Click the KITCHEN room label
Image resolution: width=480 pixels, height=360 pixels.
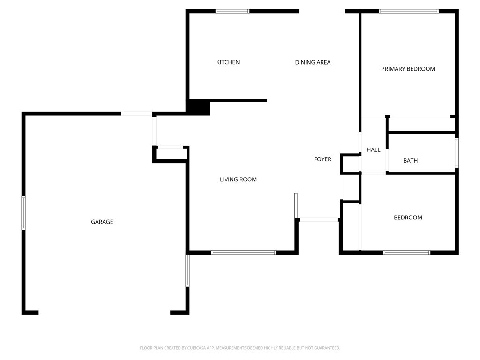(228, 62)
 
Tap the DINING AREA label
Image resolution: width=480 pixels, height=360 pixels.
(313, 62)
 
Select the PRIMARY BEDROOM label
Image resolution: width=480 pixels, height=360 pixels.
(408, 69)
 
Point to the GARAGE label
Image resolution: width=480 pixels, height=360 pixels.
(102, 222)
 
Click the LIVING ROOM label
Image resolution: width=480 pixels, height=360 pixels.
(238, 180)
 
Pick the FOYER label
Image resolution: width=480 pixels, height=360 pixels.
(322, 159)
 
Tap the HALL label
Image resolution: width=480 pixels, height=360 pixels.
(374, 150)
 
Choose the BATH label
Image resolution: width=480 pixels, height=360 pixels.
(410, 161)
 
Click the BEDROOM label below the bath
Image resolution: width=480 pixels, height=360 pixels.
(408, 217)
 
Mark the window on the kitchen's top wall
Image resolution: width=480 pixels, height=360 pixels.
(232, 11)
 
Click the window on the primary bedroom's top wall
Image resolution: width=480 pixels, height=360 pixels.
(409, 11)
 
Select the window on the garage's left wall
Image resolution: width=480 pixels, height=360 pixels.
(23, 213)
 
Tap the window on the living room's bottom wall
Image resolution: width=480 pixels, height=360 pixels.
(244, 253)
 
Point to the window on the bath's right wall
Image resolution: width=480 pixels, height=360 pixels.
(457, 153)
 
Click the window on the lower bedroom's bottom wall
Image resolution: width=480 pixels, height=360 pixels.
(407, 253)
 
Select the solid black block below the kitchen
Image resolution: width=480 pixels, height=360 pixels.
(199, 107)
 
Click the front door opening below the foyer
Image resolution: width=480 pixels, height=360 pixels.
(319, 219)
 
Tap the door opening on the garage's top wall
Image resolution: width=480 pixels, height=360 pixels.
(136, 113)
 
